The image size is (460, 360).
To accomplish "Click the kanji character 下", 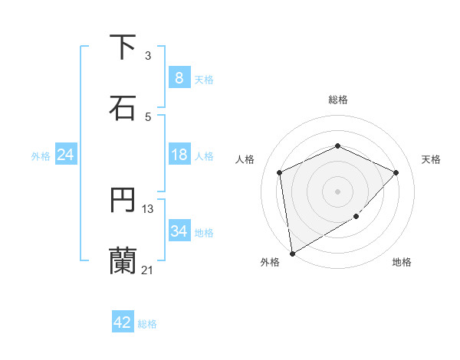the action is [123, 47].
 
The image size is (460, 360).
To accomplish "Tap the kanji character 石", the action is [123, 106].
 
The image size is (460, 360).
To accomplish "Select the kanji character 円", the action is [123, 201].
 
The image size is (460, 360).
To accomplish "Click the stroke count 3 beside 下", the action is [148, 56].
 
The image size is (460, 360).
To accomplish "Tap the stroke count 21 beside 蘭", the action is [148, 269].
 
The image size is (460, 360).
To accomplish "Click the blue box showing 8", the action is [179, 78].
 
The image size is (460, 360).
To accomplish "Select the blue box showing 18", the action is [179, 155].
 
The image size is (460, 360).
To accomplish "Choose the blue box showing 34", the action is [179, 231].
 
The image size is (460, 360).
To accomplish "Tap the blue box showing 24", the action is [65, 155].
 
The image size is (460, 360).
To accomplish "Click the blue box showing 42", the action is [123, 322].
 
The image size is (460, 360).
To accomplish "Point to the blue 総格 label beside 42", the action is [148, 324].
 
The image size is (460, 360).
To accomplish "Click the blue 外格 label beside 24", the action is [41, 155].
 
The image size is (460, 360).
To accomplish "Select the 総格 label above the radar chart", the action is [337, 100].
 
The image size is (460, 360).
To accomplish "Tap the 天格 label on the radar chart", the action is [431, 159].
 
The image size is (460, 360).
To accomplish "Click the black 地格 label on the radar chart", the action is [402, 262].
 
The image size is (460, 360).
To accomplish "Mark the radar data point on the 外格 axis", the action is [291, 253].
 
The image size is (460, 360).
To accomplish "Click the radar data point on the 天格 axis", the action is [396, 172].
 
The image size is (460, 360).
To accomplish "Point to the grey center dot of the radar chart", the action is [337, 191].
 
